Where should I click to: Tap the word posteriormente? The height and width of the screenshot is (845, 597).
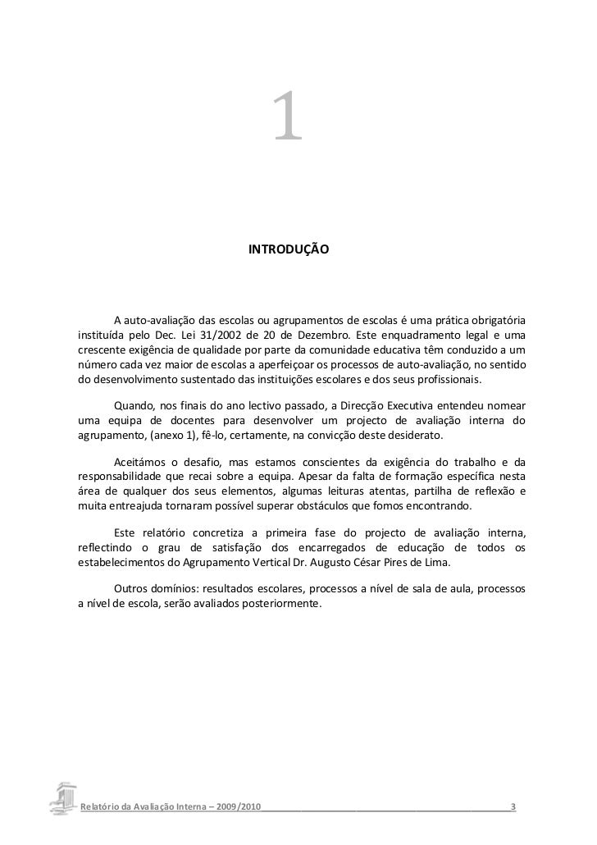pyautogui.click(x=281, y=605)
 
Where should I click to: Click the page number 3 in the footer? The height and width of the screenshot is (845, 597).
pyautogui.click(x=513, y=807)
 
